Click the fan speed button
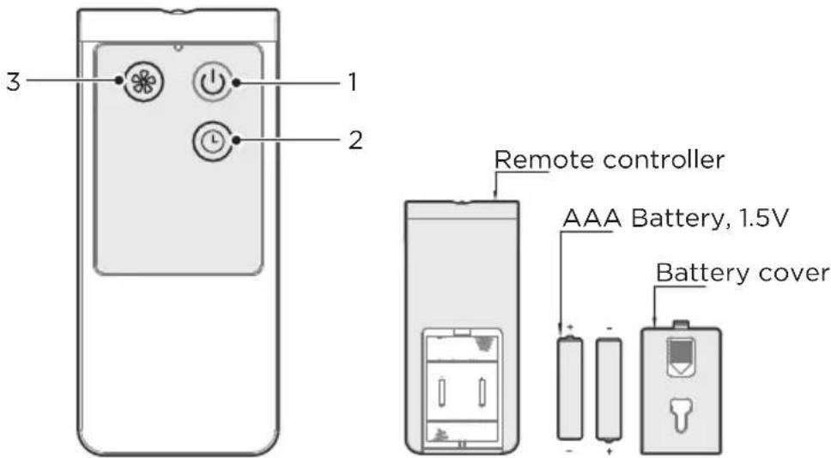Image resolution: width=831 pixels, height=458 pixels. click(x=136, y=83)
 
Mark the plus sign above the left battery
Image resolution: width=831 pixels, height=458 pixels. click(x=567, y=327)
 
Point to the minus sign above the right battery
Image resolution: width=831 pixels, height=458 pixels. click(x=609, y=327)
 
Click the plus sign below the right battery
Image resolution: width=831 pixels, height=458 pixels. click(x=609, y=449)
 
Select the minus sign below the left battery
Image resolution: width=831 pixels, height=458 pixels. click(x=567, y=448)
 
